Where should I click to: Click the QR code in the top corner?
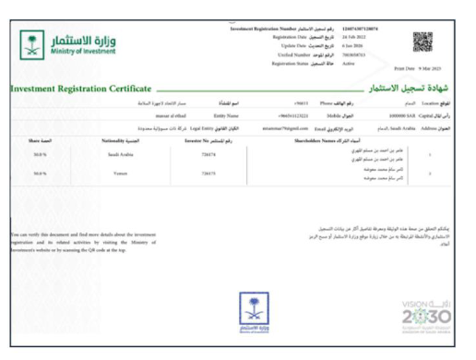[x=422, y=42]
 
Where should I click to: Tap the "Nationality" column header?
[x=119, y=138]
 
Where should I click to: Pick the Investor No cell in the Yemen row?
[x=208, y=173]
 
